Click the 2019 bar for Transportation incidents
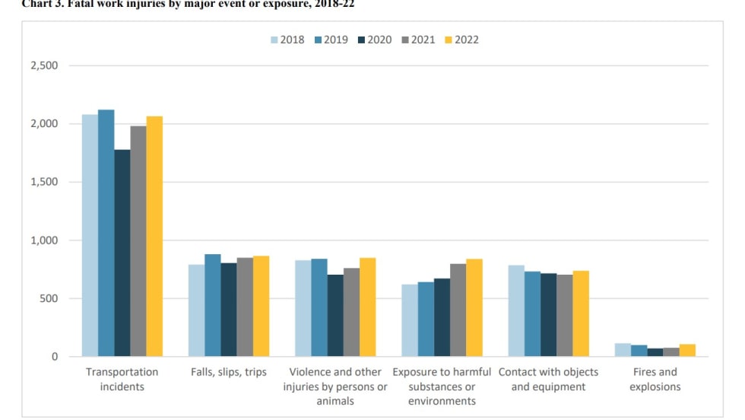point(106,233)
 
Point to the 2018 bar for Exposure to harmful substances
point(410,320)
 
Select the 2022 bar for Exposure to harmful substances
point(474,307)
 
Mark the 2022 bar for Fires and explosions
point(686,350)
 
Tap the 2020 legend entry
point(372,40)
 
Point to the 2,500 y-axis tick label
point(43,65)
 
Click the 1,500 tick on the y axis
point(43,182)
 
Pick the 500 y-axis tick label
point(49,298)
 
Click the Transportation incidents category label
point(122,379)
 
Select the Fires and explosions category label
point(655,379)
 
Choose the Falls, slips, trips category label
point(229,372)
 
